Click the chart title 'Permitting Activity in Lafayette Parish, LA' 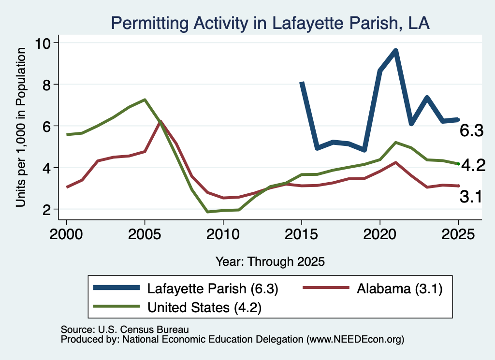point(270,23)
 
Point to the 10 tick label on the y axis point(43,43)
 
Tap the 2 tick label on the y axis point(47,209)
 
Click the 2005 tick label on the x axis point(145,234)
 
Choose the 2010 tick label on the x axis point(223,234)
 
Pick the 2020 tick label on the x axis point(380,234)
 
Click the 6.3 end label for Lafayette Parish point(471,130)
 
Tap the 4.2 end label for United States point(473,165)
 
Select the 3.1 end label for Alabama point(471,197)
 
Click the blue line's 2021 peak point(395,51)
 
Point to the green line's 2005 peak point(145,100)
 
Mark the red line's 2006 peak point(160,121)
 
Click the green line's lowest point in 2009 point(207,212)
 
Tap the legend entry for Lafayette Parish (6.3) point(186,288)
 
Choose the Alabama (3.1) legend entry point(373,288)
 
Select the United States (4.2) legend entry point(177,307)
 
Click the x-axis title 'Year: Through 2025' point(270,261)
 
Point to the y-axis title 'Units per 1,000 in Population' point(20,127)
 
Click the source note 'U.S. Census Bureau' point(144,330)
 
